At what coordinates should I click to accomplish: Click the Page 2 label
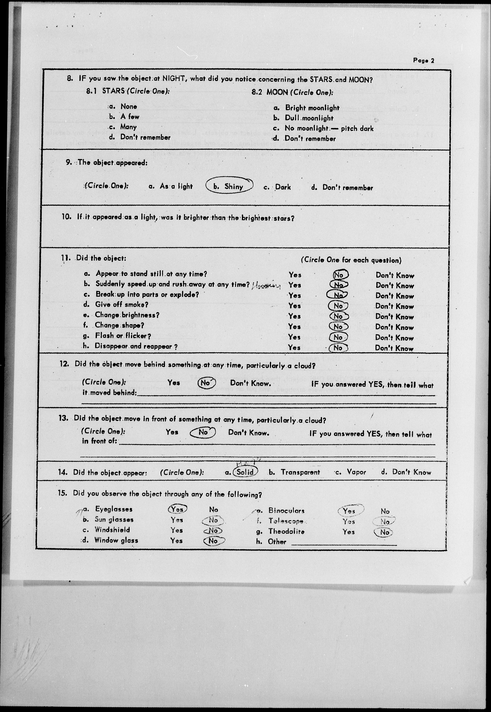423,61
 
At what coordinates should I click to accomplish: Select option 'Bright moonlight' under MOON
312,108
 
